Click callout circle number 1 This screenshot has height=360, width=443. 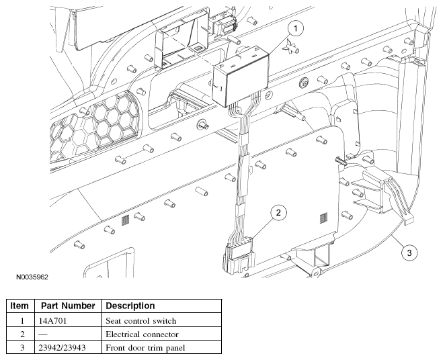296,28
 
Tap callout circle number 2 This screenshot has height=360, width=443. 278,213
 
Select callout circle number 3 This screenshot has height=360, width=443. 409,253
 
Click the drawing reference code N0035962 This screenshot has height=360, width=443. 32,277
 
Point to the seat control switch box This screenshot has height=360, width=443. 241,76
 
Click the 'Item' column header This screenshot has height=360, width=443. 19,306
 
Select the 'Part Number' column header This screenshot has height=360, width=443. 68,306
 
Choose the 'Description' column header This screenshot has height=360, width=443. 130,306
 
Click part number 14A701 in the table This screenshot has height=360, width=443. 52,321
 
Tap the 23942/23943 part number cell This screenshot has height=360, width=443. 62,348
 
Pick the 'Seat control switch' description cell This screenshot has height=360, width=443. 140,321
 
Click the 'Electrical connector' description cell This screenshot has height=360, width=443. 142,334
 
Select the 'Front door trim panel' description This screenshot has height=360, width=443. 145,348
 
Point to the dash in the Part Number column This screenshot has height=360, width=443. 43,334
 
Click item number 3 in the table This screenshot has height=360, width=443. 22,348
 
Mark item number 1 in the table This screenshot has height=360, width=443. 22,321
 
